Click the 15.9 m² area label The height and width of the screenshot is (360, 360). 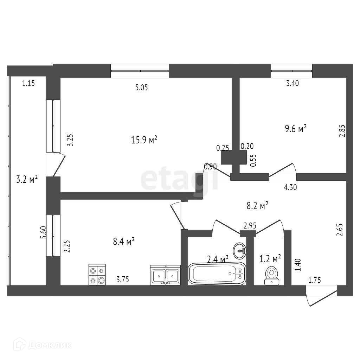pyautogui.click(x=144, y=140)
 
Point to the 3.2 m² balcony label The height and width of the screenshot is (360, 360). pyautogui.click(x=27, y=180)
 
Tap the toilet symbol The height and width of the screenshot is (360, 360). pyautogui.click(x=271, y=275)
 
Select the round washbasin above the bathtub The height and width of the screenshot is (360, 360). pyautogui.click(x=240, y=250)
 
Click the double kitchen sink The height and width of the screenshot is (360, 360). pyautogui.click(x=165, y=275)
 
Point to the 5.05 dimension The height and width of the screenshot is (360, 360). pyautogui.click(x=141, y=88)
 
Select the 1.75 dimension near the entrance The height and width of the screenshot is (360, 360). pyautogui.click(x=315, y=280)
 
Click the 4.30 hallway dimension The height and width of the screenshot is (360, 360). pyautogui.click(x=290, y=187)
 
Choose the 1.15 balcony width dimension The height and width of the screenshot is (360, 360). pyautogui.click(x=28, y=84)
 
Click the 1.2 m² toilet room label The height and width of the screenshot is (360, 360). pyautogui.click(x=270, y=259)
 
